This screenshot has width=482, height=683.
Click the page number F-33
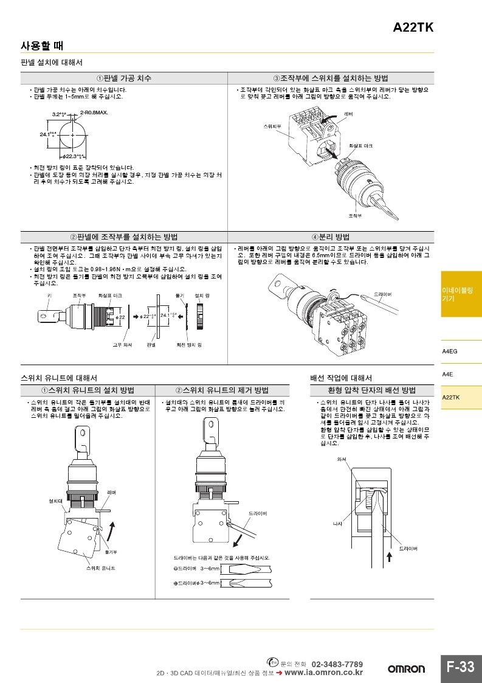[460, 667]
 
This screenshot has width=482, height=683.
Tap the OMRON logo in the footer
[407, 669]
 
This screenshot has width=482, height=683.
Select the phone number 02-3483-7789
[337, 664]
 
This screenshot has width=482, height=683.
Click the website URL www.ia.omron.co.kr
[323, 673]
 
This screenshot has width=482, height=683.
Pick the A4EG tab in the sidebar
[450, 352]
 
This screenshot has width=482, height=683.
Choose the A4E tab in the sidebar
[447, 374]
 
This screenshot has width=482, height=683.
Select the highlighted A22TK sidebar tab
[451, 397]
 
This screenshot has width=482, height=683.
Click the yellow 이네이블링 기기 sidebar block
[461, 295]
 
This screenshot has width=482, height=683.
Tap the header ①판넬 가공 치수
[124, 78]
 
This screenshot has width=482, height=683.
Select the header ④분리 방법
[331, 237]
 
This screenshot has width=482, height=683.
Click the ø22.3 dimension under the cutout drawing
[73, 156]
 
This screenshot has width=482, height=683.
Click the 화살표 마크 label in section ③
[360, 147]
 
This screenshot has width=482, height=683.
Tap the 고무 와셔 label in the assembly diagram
[122, 344]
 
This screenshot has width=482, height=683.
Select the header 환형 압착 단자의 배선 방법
[371, 390]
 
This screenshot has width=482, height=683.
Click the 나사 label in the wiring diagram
[338, 523]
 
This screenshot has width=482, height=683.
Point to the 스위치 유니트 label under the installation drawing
[100, 567]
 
